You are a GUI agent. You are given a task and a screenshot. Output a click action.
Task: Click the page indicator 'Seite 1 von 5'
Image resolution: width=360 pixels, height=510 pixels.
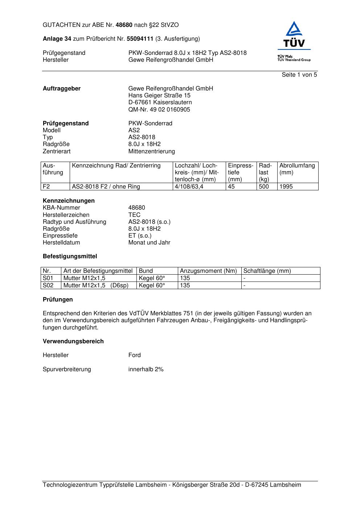click(299, 75)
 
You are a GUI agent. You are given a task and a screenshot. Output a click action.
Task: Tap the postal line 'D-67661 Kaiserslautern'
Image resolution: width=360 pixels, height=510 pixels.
click(160, 102)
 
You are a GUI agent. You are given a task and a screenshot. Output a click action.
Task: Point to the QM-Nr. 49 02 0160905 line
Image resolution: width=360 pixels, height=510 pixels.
click(159, 110)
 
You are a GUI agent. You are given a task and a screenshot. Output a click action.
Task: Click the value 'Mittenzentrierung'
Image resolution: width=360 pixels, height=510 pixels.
click(151, 151)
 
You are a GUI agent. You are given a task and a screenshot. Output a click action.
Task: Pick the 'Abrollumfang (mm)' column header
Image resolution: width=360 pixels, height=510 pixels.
click(297, 169)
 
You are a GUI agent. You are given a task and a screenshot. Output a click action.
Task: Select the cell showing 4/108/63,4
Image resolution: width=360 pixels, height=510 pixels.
click(189, 187)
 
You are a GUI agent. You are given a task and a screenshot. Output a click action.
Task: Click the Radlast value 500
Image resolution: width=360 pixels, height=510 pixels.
click(264, 187)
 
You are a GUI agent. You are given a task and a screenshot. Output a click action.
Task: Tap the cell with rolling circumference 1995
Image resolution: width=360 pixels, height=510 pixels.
click(286, 187)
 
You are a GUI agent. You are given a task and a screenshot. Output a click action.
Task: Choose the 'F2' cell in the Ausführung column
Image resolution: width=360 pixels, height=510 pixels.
click(46, 187)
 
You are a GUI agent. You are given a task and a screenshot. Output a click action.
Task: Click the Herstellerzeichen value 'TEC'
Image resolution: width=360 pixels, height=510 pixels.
click(134, 215)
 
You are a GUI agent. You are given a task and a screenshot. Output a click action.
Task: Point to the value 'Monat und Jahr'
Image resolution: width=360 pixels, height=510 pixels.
click(149, 243)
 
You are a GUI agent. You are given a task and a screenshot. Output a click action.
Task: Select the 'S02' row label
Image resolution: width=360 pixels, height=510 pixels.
click(48, 286)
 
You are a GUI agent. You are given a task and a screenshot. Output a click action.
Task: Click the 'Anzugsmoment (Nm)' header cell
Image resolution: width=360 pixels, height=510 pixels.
click(208, 271)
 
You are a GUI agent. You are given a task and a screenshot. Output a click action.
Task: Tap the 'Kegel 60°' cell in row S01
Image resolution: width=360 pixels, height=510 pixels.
click(152, 278)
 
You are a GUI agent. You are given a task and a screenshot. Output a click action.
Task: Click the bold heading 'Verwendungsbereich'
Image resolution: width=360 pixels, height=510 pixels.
click(73, 341)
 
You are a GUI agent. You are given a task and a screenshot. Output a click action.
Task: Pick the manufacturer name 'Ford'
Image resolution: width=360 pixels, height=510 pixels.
click(134, 355)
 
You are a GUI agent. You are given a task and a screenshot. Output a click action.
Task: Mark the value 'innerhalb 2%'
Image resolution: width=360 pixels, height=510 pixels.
click(146, 369)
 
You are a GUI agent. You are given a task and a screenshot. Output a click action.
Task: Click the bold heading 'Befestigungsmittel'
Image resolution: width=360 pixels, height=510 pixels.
click(70, 256)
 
